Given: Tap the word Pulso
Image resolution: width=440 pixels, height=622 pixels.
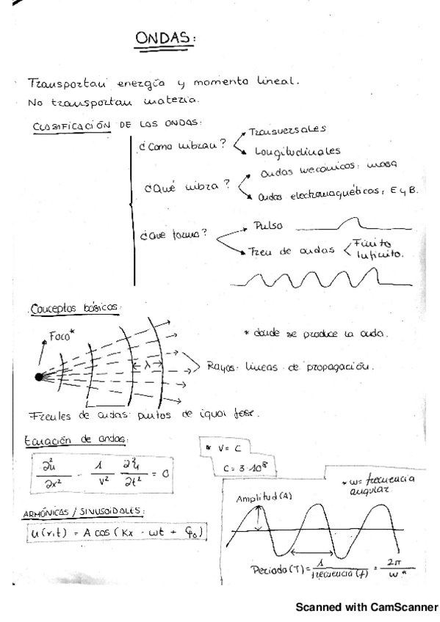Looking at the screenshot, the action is (267, 226).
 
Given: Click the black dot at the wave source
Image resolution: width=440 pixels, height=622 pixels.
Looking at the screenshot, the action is (38, 377).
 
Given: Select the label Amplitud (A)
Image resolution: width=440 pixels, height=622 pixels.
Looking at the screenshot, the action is (264, 499).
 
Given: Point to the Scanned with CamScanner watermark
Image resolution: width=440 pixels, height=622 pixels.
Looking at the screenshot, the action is (366, 607).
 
